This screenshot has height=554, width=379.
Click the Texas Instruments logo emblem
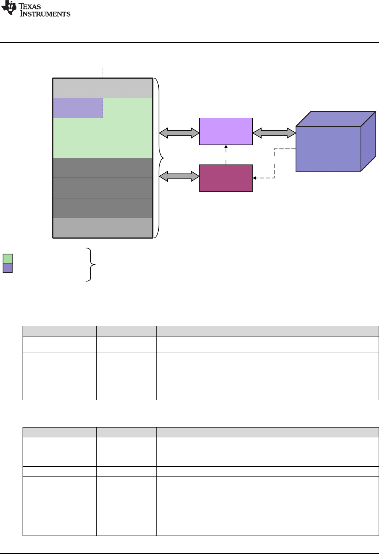click(x=9, y=8)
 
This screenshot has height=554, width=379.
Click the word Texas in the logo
click(x=30, y=6)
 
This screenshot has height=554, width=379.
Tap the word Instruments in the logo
click(x=45, y=14)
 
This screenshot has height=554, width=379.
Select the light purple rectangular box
click(x=226, y=131)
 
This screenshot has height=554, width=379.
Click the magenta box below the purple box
click(x=226, y=178)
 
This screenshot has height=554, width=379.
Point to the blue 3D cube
click(x=329, y=148)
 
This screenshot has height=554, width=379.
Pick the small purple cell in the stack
click(x=78, y=108)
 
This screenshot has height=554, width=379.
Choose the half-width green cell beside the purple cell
click(x=127, y=108)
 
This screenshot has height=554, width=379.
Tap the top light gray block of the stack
click(x=103, y=88)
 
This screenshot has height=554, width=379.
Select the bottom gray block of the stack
click(x=103, y=228)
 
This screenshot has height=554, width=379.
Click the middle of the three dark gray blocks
click(x=103, y=188)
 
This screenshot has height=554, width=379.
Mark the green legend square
click(x=8, y=259)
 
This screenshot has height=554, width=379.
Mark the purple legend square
click(x=8, y=268)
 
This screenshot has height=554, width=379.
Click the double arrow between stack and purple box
click(x=179, y=132)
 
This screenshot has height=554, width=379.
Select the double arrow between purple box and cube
click(x=274, y=132)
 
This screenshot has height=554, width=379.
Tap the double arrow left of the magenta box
click(x=179, y=176)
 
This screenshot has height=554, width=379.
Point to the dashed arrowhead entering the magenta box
click(x=255, y=178)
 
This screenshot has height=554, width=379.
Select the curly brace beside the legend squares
click(x=91, y=265)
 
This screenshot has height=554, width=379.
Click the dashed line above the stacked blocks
click(x=103, y=73)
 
